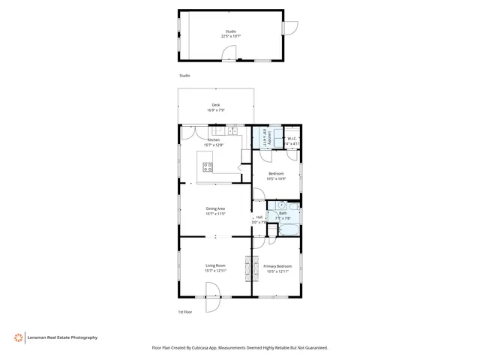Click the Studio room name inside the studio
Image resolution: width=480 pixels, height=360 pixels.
(230, 31)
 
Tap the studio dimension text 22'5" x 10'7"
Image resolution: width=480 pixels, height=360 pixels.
(230, 36)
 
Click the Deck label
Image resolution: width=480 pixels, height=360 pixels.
(216, 105)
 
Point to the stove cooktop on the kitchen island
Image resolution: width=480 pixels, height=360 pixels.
(208, 166)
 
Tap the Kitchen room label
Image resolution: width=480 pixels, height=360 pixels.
(214, 139)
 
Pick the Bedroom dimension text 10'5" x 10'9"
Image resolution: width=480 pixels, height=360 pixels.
(277, 178)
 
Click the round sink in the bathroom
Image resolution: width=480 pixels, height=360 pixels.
(280, 205)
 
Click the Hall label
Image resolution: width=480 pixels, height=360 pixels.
(259, 217)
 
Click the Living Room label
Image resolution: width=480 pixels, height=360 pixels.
(216, 265)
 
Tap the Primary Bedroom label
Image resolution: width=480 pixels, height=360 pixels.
(277, 266)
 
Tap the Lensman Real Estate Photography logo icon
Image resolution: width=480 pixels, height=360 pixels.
(17, 337)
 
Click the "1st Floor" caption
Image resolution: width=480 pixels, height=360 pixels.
(185, 311)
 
